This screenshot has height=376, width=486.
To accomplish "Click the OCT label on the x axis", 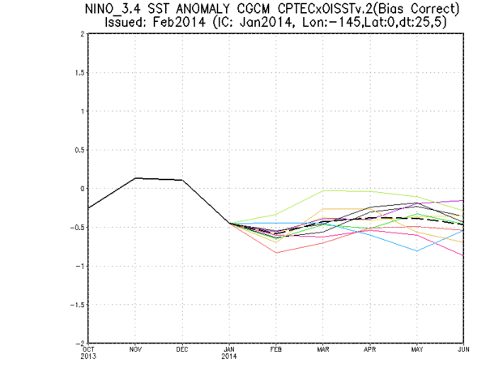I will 88,349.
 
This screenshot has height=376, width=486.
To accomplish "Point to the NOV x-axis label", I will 135,349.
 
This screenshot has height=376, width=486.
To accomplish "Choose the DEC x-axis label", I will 182,349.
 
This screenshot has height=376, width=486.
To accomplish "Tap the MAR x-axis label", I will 322,349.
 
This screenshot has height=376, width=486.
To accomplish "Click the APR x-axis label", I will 369,349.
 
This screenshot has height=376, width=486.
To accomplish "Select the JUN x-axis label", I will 463,349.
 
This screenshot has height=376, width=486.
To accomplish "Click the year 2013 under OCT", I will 88,357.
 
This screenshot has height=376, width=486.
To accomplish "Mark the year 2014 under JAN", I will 229,357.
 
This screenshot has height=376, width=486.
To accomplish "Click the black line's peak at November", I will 135,178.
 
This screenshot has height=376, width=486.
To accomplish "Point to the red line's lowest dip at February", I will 276,253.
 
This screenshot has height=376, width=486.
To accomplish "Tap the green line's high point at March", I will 323,191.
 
